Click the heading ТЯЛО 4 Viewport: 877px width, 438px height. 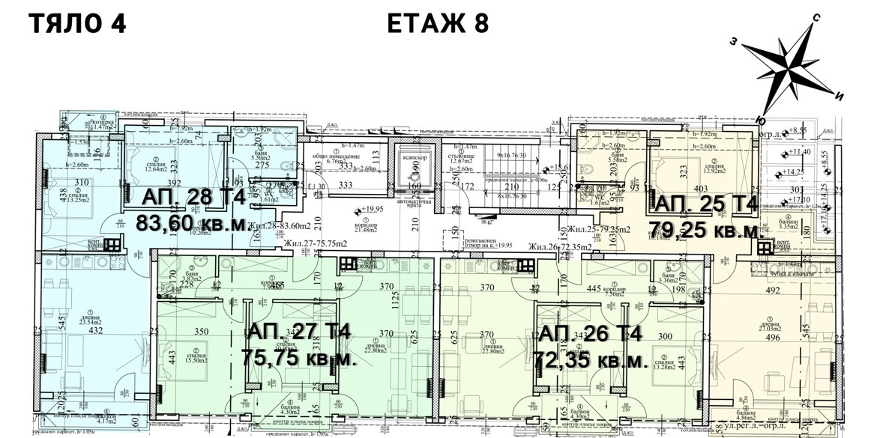click(x=76, y=23)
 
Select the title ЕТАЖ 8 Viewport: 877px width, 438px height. click(x=438, y=23)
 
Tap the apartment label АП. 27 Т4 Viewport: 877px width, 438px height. click(x=298, y=332)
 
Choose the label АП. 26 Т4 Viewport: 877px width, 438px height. click(x=589, y=333)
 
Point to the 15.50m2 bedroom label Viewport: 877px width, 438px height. click(x=196, y=360)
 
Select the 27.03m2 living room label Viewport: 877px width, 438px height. click(x=765, y=326)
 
